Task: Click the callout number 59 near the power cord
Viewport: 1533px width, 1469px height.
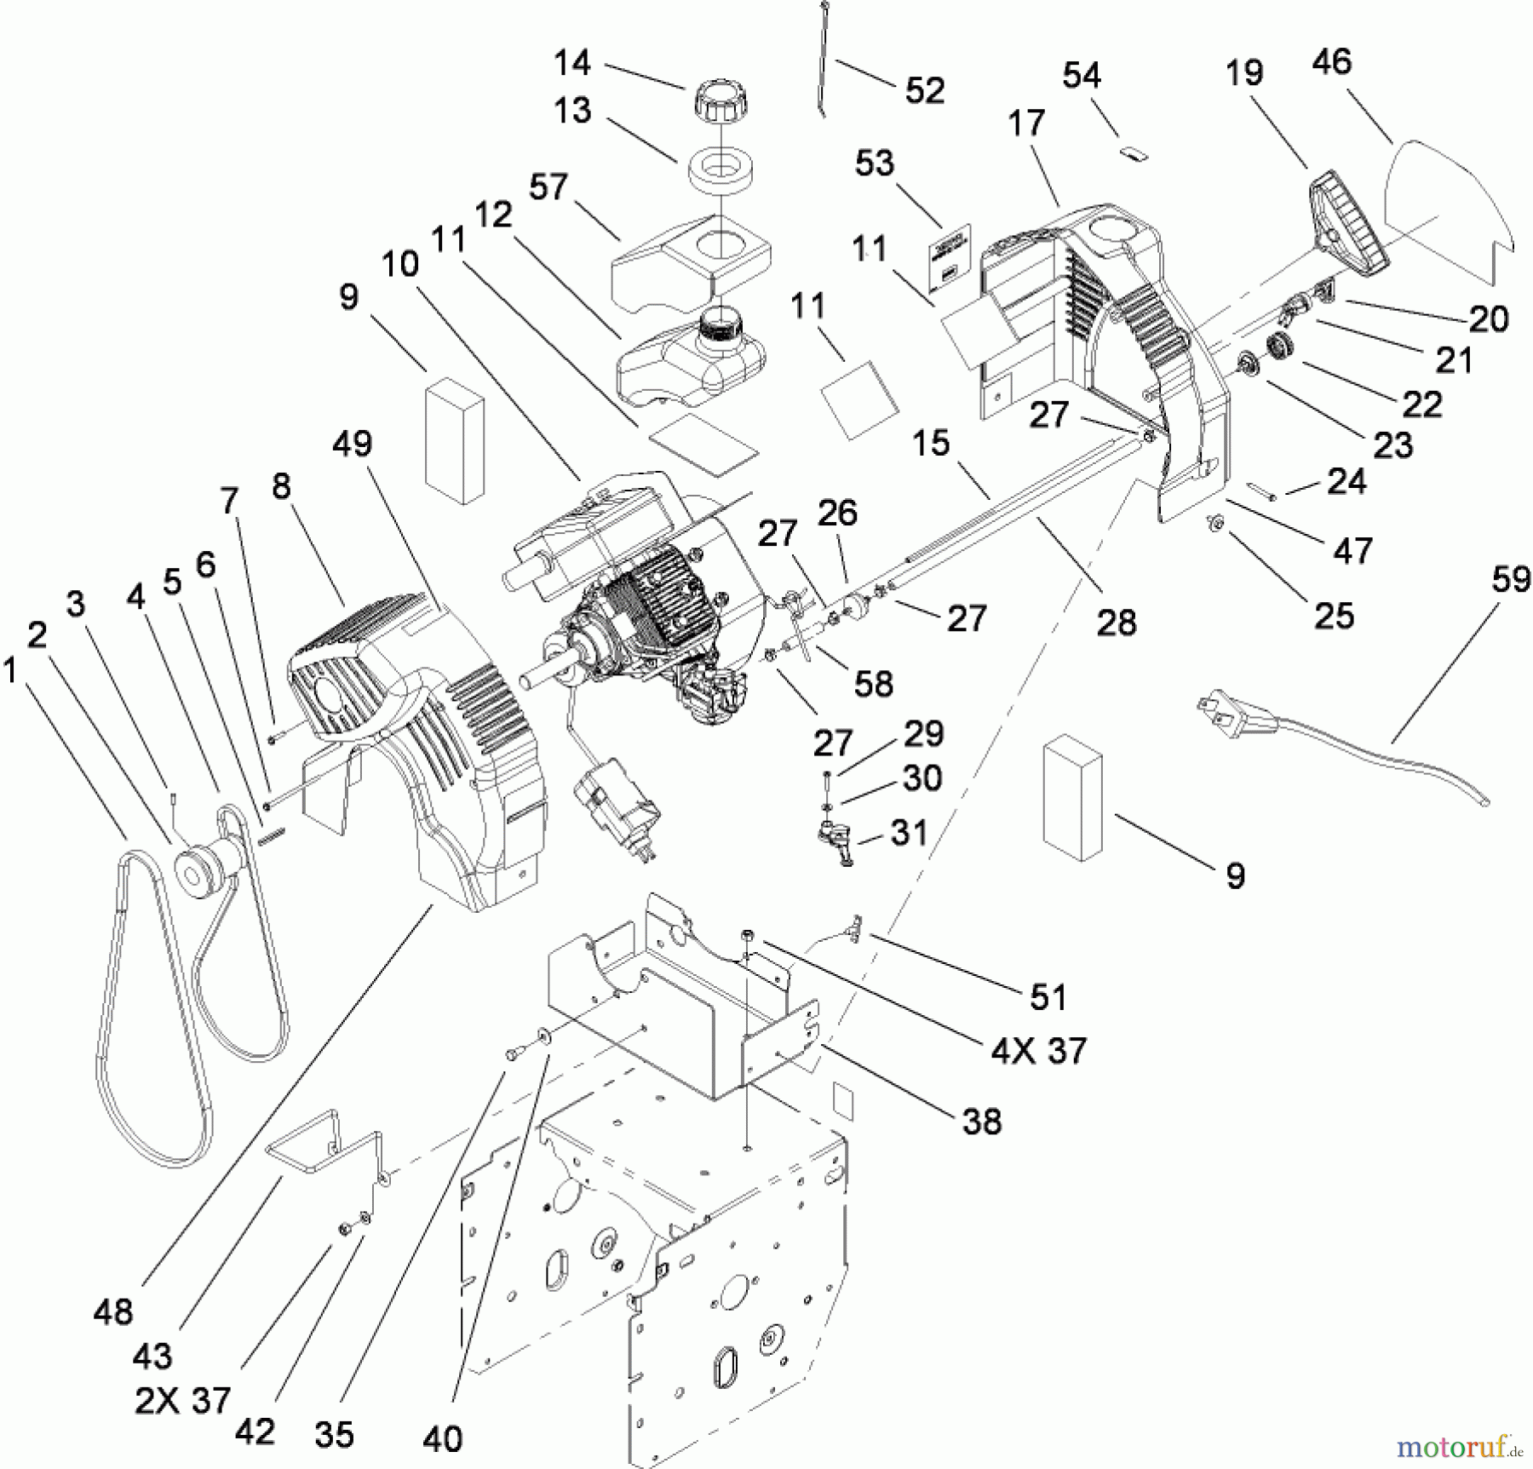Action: coord(1511,580)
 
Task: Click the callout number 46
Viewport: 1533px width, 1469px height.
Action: coord(1332,61)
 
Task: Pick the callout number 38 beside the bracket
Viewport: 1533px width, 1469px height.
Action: coord(981,1122)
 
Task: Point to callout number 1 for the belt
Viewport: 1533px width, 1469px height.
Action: coord(10,672)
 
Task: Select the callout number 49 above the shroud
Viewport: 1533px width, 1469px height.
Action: coord(353,443)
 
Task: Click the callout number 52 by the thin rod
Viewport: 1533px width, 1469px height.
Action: coord(925,90)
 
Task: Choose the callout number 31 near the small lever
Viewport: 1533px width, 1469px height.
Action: coord(909,832)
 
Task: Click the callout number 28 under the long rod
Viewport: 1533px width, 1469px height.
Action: coord(1117,623)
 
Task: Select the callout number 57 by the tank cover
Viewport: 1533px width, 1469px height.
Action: coord(548,186)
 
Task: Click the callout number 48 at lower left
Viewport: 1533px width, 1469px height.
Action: coord(113,1312)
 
